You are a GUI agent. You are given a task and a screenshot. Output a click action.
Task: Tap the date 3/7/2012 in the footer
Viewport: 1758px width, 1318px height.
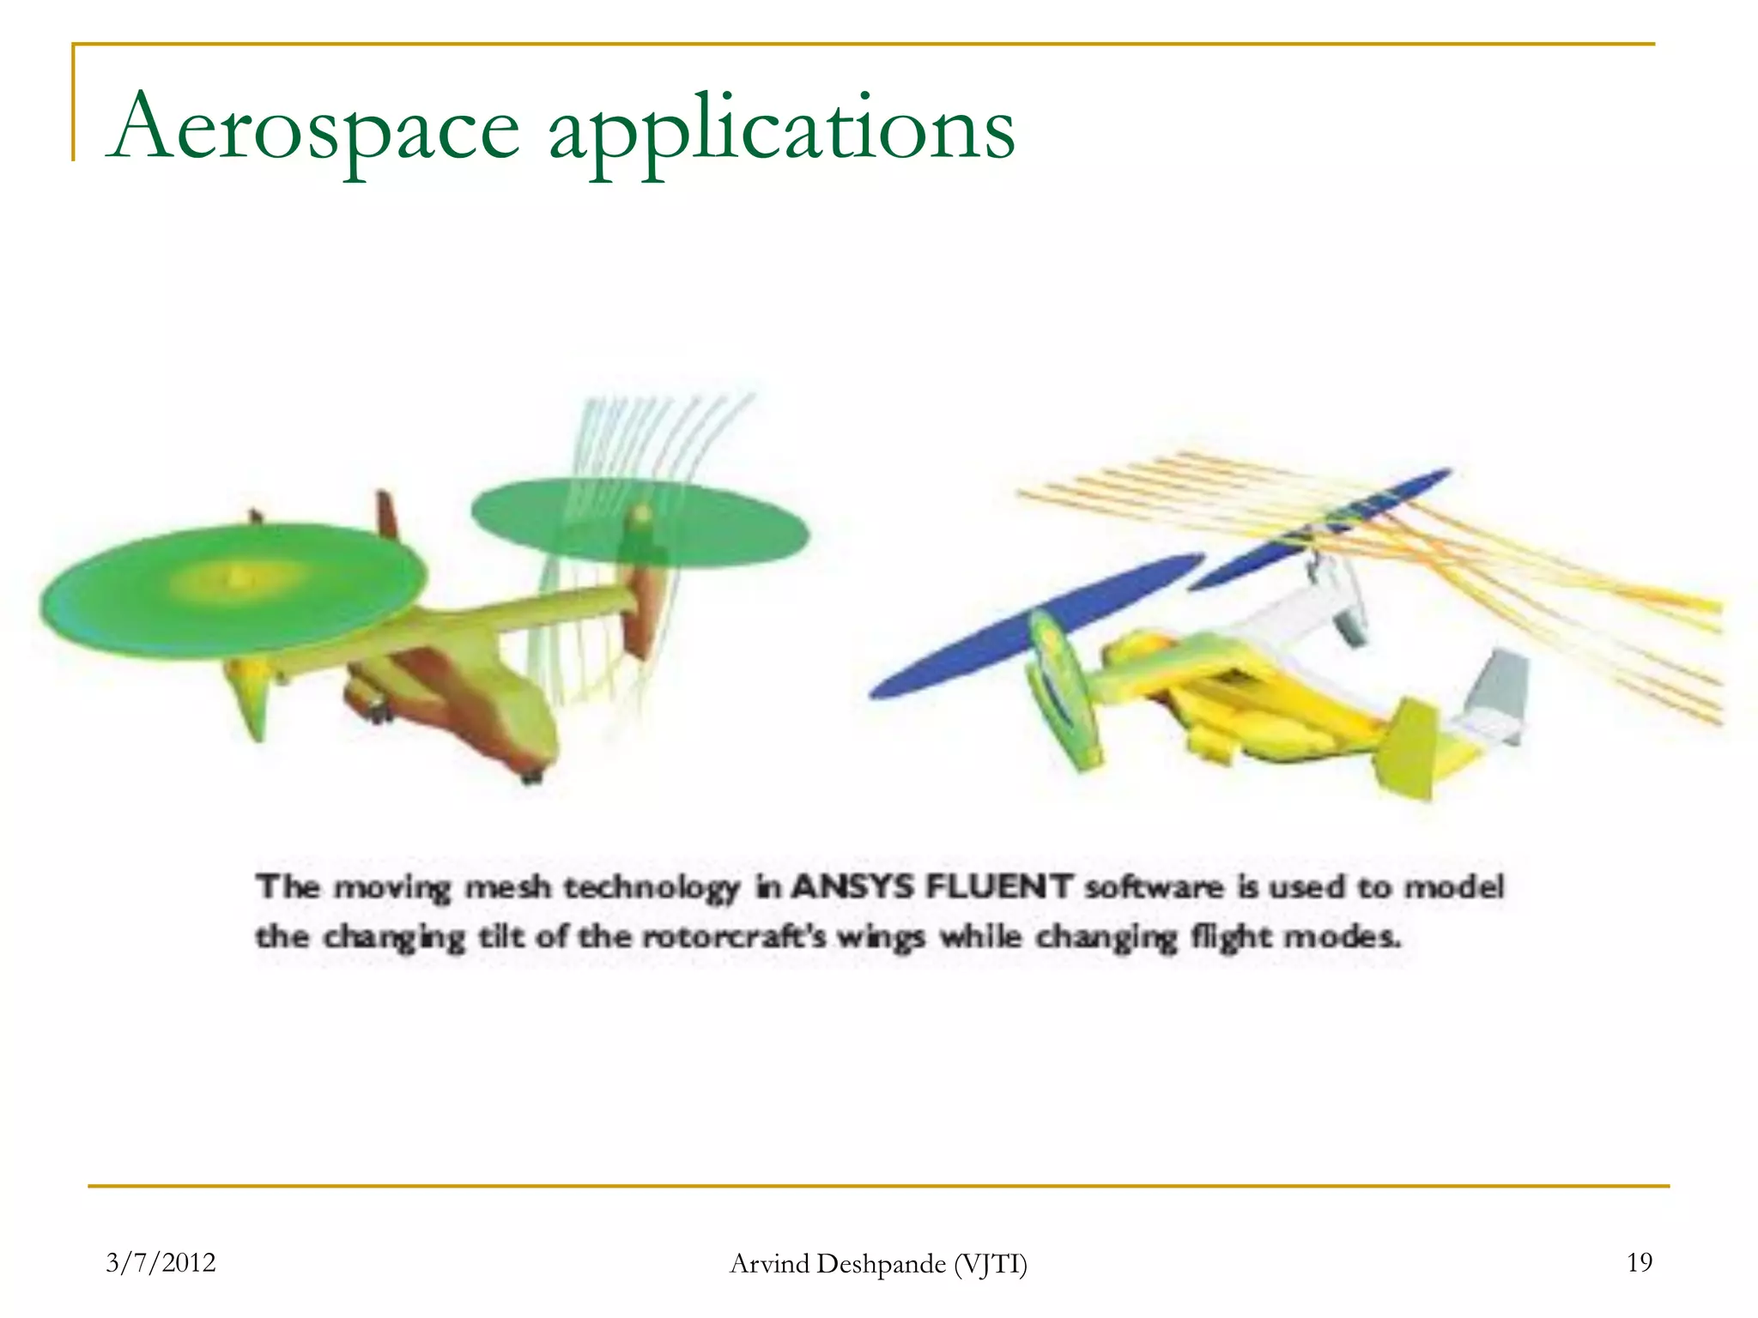(161, 1262)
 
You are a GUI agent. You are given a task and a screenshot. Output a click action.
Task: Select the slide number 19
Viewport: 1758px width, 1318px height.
(1639, 1262)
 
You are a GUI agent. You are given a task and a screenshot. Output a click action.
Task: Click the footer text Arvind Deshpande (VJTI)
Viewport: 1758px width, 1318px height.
(878, 1264)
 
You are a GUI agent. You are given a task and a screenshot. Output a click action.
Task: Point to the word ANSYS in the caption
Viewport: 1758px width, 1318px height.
(852, 886)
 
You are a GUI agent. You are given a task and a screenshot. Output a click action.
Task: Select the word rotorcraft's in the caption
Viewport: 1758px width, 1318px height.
(735, 936)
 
